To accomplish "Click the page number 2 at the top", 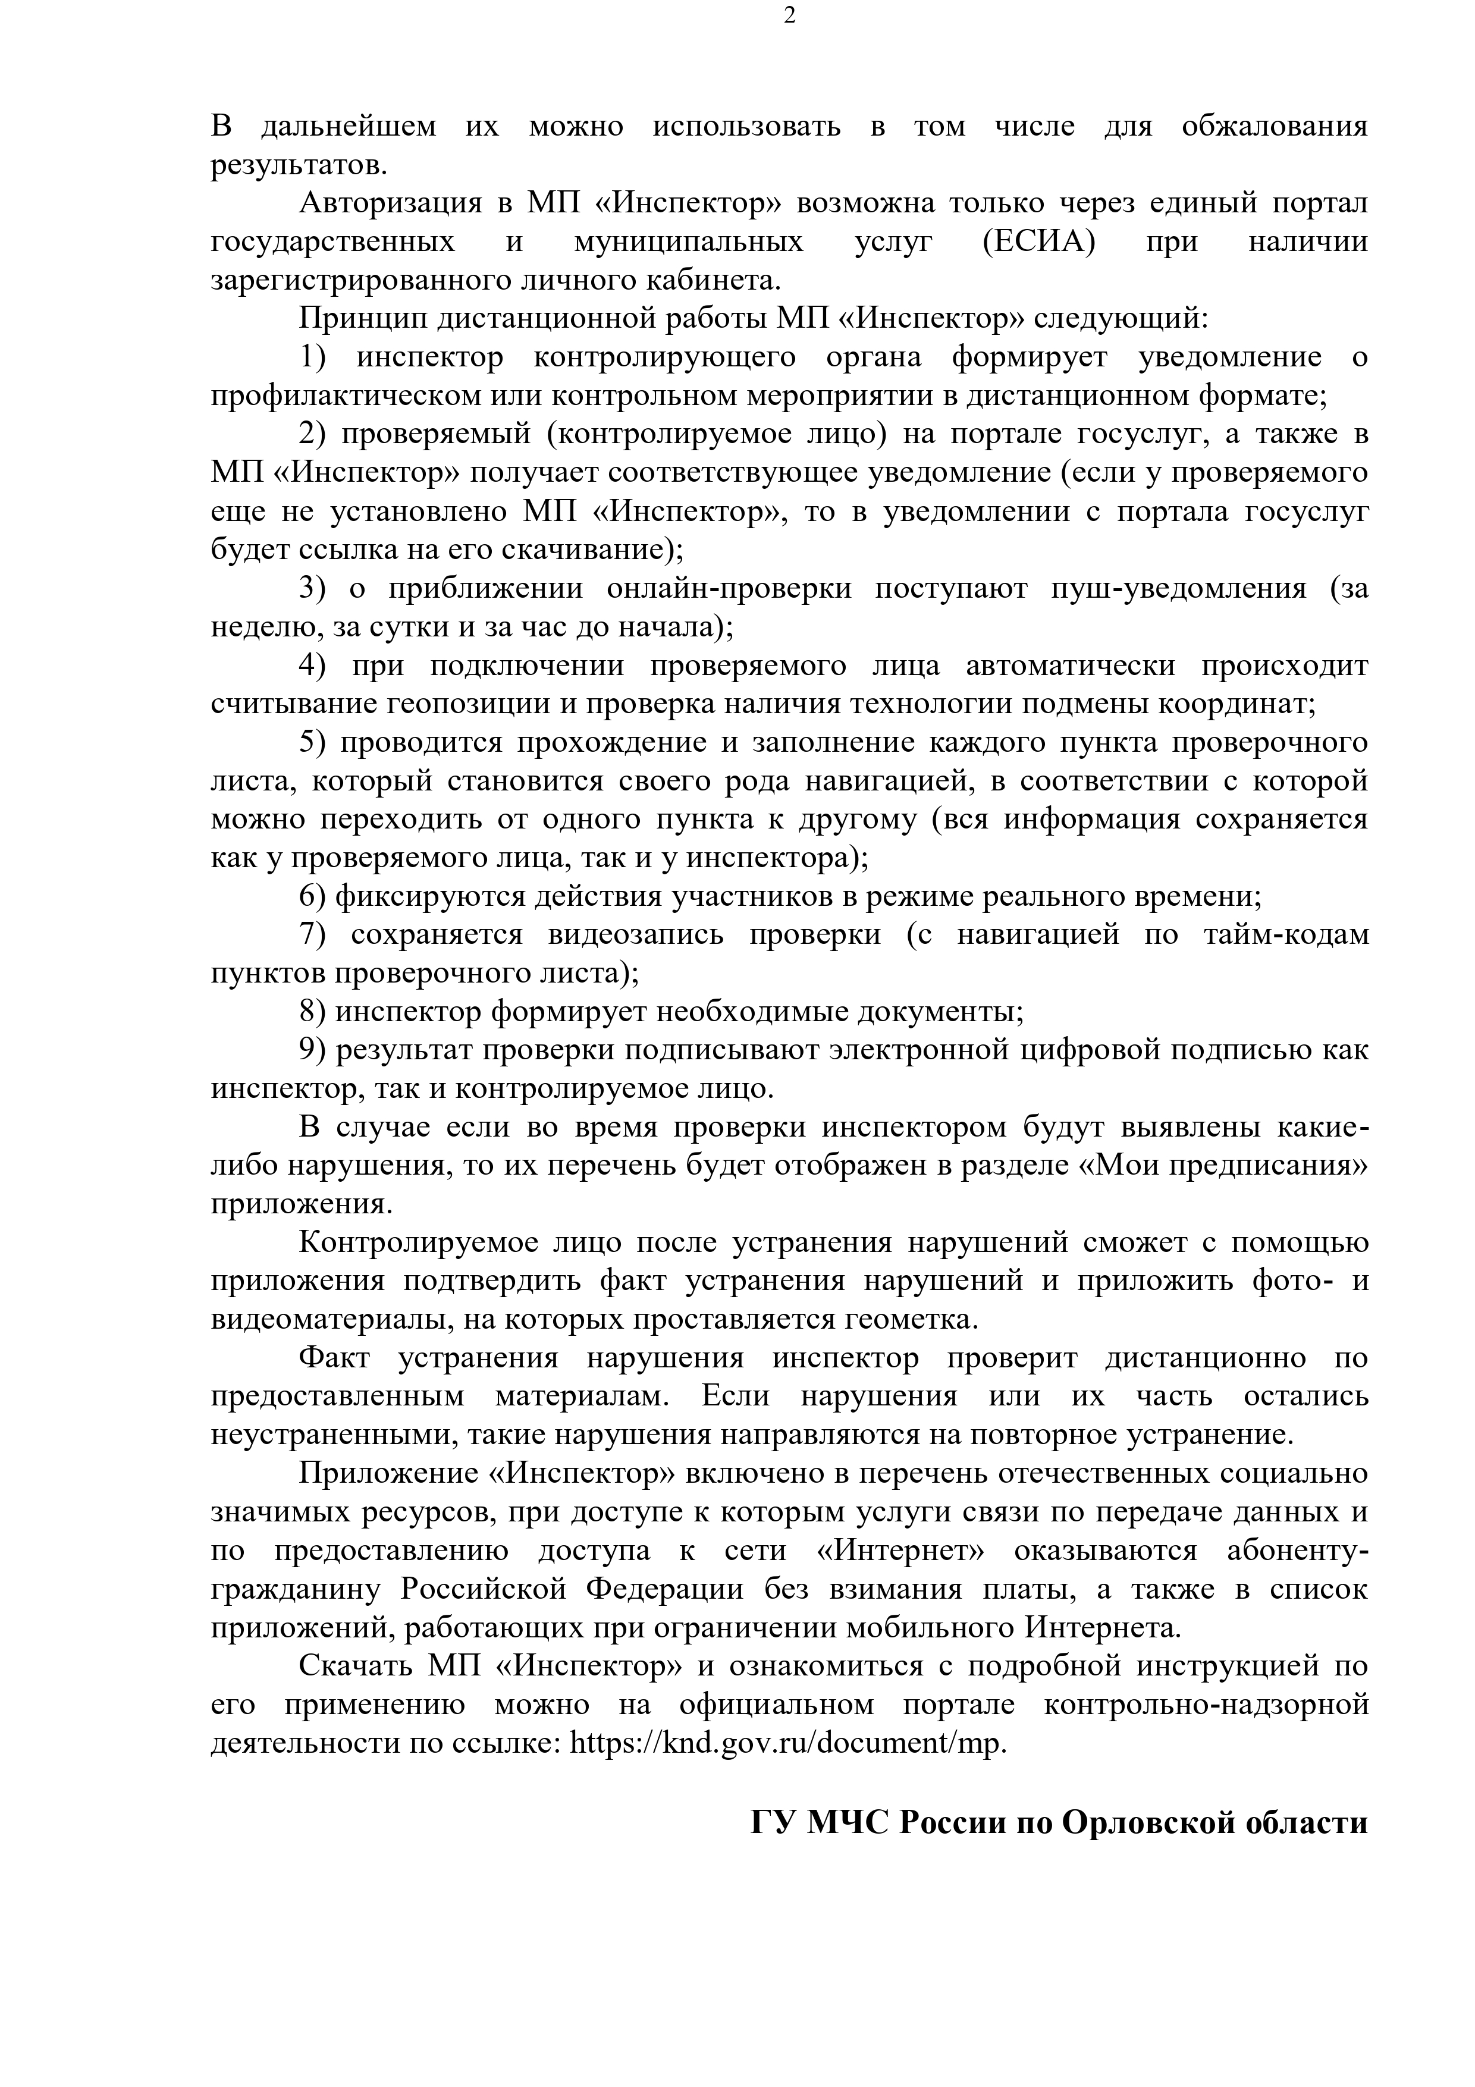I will tap(789, 17).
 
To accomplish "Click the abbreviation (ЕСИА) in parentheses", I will tap(1039, 242).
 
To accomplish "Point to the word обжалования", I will tap(1274, 126).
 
